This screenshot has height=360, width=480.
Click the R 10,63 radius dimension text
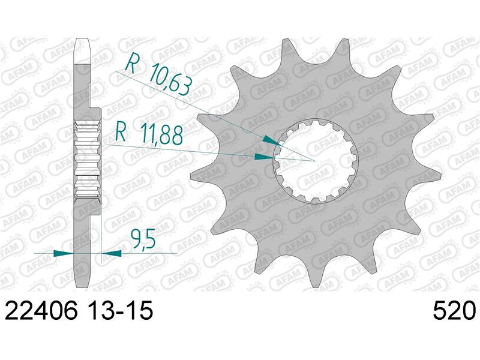pyautogui.click(x=160, y=73)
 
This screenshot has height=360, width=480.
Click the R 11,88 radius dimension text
pyautogui.click(x=149, y=134)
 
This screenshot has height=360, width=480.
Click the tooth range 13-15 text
pyautogui.click(x=118, y=310)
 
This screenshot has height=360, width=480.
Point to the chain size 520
pyautogui.click(x=454, y=310)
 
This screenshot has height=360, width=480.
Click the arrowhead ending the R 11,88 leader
pyautogui.click(x=265, y=157)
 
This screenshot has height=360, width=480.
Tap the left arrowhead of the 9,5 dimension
pyautogui.click(x=64, y=253)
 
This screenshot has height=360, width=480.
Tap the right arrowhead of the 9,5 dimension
pyautogui.click(x=111, y=253)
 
